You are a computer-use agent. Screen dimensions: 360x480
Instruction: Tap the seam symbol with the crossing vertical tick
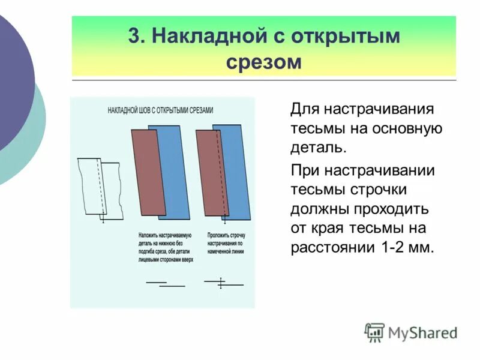coord(221,283)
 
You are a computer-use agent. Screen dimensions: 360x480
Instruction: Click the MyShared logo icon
coord(374,332)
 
